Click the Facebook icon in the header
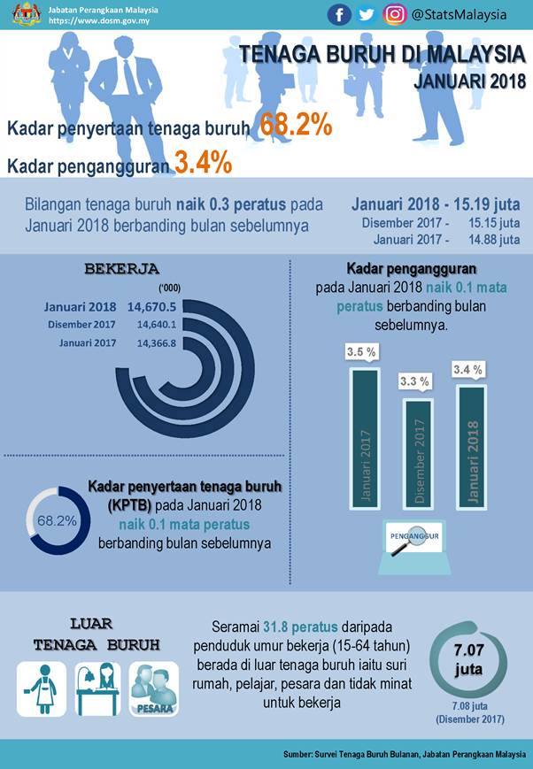click(x=339, y=15)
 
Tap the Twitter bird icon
click(x=367, y=15)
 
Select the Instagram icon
click(x=395, y=15)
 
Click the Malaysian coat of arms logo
click(x=27, y=14)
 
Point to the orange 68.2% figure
click(x=296, y=125)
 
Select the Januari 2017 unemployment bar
click(x=365, y=438)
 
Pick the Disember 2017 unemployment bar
click(x=419, y=454)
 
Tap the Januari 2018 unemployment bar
click(x=472, y=447)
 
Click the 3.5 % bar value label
click(x=361, y=351)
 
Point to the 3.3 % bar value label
click(x=414, y=381)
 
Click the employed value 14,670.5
click(x=151, y=307)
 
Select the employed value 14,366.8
click(x=156, y=343)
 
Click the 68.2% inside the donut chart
click(x=57, y=520)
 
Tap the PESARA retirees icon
click(x=154, y=689)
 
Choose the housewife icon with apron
click(x=42, y=689)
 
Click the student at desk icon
click(x=97, y=689)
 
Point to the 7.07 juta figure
click(x=468, y=659)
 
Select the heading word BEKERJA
click(x=121, y=269)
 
